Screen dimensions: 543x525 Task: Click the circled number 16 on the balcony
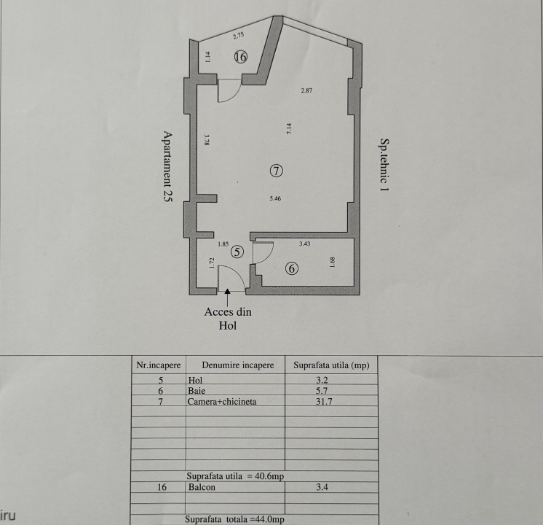point(241,57)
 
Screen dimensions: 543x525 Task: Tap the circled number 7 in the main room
point(277,171)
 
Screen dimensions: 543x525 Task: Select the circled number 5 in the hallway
point(237,252)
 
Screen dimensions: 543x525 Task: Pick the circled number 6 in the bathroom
point(292,268)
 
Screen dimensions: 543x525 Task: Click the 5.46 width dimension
point(275,199)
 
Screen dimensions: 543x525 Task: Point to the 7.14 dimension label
point(289,129)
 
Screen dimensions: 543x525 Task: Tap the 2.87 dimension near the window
point(306,90)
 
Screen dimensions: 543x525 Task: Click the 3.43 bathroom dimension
point(305,244)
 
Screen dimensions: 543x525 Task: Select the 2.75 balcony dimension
point(239,36)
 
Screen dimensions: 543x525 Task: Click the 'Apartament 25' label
point(167,166)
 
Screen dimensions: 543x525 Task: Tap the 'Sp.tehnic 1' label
point(384,165)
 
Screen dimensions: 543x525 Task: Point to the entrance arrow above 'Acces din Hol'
point(228,297)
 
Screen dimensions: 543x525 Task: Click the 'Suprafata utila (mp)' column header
point(331,365)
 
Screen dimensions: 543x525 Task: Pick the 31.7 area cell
point(322,402)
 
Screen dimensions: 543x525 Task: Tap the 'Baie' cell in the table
point(197,391)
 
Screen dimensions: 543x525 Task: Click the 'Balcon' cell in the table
point(202,487)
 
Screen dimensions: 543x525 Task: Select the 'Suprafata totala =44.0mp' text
point(234,519)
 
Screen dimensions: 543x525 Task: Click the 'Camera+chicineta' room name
point(222,402)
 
